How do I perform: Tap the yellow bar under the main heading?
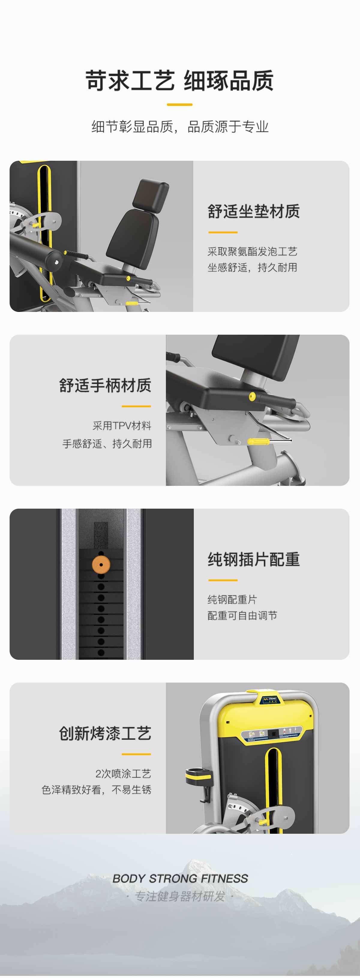tap(180, 104)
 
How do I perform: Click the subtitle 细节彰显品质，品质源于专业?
tap(180, 127)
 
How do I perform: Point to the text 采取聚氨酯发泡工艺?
tap(252, 251)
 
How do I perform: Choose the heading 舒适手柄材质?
tap(105, 385)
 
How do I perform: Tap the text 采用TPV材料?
tap(122, 426)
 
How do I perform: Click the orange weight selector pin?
tap(101, 564)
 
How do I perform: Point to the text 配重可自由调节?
tap(242, 615)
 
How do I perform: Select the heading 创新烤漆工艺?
tap(105, 733)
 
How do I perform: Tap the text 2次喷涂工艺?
tap(123, 773)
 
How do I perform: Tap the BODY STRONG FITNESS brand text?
tap(180, 878)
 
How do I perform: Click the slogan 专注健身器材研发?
tap(180, 896)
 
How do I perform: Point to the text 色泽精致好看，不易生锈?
tap(97, 790)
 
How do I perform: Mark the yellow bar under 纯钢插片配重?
tap(223, 580)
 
